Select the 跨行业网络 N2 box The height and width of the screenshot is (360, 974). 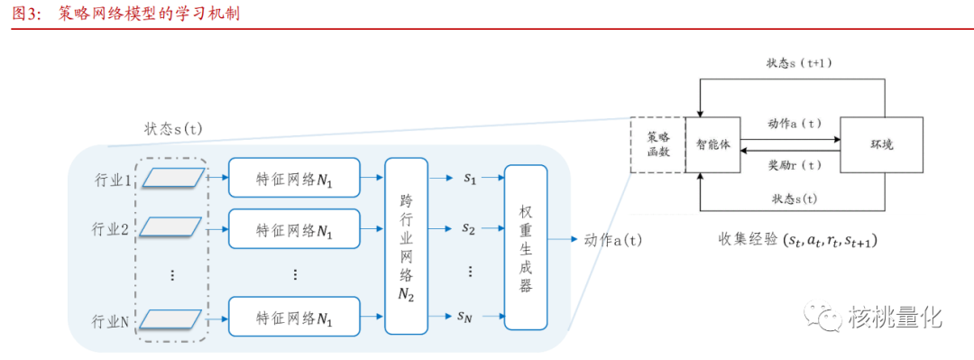[x=406, y=245]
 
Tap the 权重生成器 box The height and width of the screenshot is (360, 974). [x=526, y=246]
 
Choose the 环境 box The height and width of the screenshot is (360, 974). [x=881, y=144]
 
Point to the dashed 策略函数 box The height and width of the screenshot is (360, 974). [x=657, y=144]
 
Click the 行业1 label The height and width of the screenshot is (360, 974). [x=111, y=180]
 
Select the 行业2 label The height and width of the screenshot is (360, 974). [x=111, y=229]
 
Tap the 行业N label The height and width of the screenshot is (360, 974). [x=111, y=318]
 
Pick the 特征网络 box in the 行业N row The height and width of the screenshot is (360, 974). [x=294, y=318]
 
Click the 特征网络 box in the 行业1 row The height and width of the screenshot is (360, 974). [x=294, y=179]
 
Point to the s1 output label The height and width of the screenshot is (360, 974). [x=469, y=179]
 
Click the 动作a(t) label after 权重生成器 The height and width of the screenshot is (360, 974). [x=612, y=240]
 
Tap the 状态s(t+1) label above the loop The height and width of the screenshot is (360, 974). [x=799, y=63]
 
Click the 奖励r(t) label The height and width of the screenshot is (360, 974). [x=795, y=164]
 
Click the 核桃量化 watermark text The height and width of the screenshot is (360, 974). [x=895, y=317]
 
